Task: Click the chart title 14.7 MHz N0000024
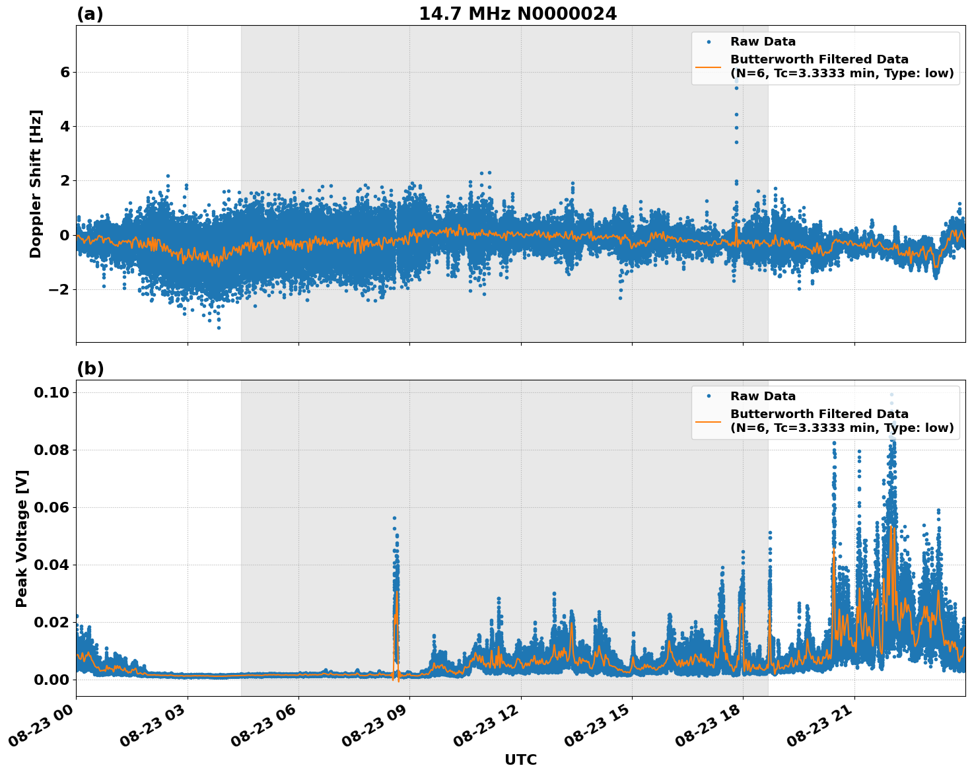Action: [x=518, y=14]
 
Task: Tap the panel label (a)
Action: [x=90, y=14]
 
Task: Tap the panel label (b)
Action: [x=90, y=369]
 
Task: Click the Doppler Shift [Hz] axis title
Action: [x=36, y=184]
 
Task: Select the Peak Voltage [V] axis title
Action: [x=22, y=538]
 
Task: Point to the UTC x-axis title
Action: [x=520, y=759]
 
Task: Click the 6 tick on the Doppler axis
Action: [x=65, y=72]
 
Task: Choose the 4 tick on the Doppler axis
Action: [x=65, y=126]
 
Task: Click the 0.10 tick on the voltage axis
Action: [x=52, y=393]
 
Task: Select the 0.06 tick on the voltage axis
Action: [x=52, y=507]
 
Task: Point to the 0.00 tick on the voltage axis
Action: [x=52, y=680]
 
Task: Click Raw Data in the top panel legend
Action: [x=763, y=42]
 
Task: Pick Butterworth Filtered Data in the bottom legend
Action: [x=819, y=414]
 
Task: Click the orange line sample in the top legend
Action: [x=708, y=66]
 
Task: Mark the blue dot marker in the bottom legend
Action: [x=708, y=396]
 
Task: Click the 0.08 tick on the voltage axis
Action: [x=52, y=450]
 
